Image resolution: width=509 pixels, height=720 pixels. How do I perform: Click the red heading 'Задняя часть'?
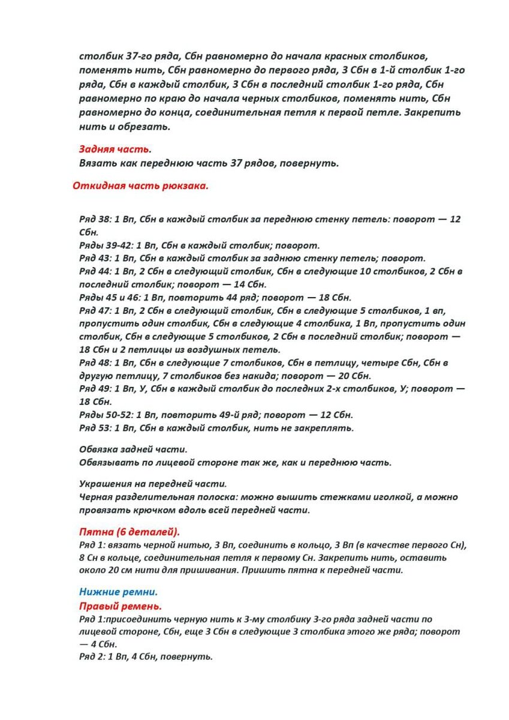[x=114, y=149]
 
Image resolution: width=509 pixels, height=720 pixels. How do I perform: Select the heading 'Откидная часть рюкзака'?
[x=140, y=185]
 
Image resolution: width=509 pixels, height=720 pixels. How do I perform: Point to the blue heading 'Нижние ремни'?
[x=118, y=592]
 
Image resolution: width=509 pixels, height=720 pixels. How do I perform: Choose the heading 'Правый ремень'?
[x=121, y=606]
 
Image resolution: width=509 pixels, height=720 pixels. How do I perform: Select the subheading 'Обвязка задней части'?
[x=133, y=449]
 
